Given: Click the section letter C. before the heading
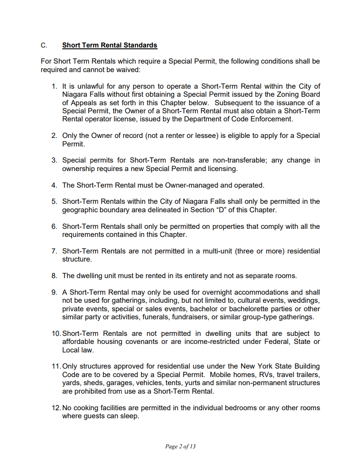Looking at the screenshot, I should coord(43,45).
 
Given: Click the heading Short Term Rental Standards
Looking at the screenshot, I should coord(110,45).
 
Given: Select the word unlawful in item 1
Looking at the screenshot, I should coord(85,86).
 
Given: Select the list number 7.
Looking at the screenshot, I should coord(54,251).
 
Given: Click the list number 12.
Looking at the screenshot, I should coord(56,408).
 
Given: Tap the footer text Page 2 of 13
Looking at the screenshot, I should coord(180,447).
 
